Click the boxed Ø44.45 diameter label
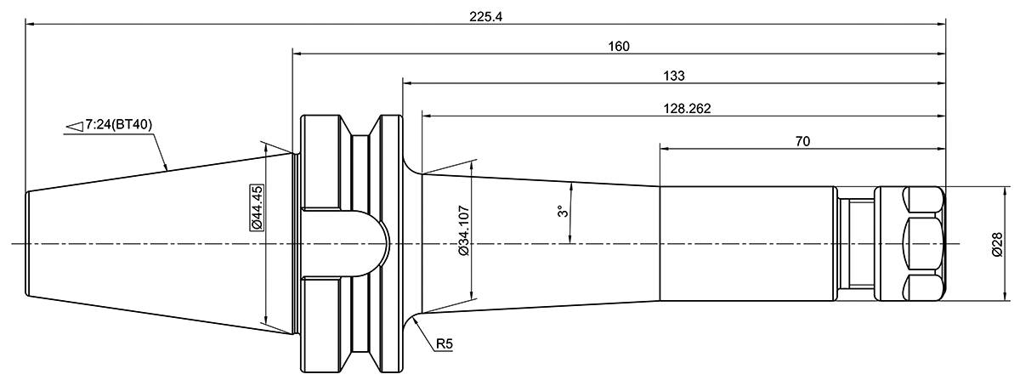(255, 207)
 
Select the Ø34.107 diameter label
(464, 230)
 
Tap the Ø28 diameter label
(999, 245)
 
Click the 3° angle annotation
(560, 212)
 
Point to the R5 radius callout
(445, 344)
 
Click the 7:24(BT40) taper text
(118, 125)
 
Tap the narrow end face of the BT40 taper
(27, 244)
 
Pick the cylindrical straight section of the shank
(746, 244)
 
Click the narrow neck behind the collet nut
(856, 244)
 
